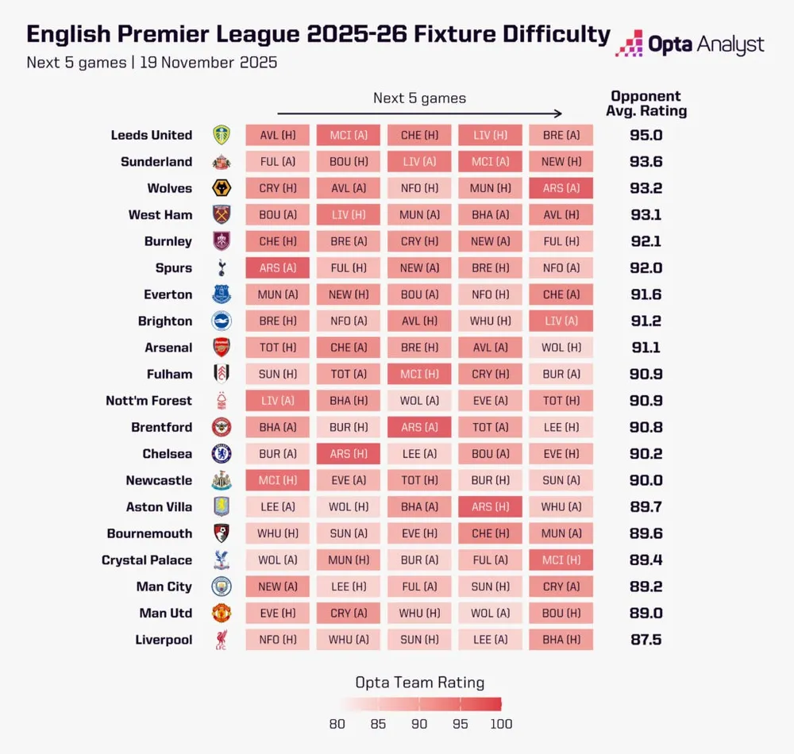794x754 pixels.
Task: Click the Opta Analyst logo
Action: coord(690,44)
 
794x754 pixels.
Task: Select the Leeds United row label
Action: coord(151,135)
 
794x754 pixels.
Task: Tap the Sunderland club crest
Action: coord(222,162)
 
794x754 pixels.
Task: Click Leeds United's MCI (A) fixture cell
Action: coord(349,135)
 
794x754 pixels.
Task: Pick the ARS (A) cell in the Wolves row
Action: coord(561,188)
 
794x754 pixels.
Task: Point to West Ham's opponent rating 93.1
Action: coord(646,215)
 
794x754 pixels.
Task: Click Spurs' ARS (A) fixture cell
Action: coord(277,268)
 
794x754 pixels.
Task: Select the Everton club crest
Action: coord(222,294)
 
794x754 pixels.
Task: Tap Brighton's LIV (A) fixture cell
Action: coord(561,321)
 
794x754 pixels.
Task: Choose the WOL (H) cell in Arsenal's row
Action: coord(561,348)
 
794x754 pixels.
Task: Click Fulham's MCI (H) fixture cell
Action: coord(419,374)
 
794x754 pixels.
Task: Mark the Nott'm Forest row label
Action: coord(148,401)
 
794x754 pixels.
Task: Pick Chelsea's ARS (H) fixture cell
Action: coord(349,454)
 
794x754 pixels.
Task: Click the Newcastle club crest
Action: coord(222,480)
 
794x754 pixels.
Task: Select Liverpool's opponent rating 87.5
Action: coord(646,640)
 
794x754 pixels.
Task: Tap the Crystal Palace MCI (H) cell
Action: coord(561,560)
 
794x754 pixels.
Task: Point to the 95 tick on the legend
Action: coord(461,724)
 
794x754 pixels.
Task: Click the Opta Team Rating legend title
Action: coord(419,683)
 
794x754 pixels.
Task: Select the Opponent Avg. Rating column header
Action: coord(646,104)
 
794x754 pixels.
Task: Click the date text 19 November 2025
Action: coord(208,62)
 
